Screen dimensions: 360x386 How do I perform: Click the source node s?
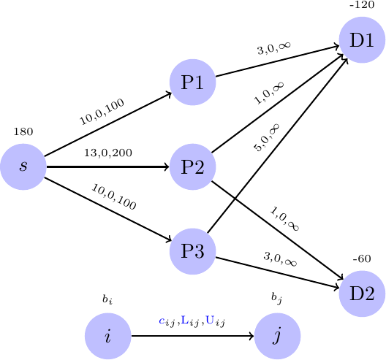point(23,166)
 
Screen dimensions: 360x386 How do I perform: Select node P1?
point(192,82)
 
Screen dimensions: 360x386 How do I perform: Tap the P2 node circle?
point(192,166)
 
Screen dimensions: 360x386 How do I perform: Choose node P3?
point(192,251)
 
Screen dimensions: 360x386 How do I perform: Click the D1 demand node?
point(362,39)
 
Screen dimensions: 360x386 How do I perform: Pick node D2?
point(362,294)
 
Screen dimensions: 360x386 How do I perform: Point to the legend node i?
point(107,337)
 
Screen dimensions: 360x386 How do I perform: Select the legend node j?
point(277,337)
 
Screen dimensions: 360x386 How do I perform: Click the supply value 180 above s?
point(23,132)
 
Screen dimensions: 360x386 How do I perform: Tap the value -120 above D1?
point(361,5)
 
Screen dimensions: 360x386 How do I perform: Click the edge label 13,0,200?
point(107,153)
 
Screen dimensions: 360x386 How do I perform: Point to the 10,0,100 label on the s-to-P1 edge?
point(102,112)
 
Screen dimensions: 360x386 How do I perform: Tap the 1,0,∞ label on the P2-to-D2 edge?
point(285,218)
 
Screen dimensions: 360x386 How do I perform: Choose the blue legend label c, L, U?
point(192,321)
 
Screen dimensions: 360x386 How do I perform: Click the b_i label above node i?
point(107,299)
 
